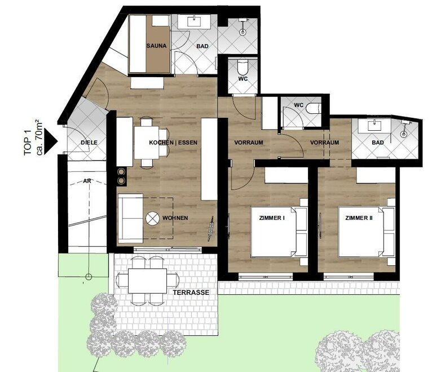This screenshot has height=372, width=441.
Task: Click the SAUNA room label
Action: [156, 46]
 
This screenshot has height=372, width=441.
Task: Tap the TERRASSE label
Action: [191, 293]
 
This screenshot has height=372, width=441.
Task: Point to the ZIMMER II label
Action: [359, 218]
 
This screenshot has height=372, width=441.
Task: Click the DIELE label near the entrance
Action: [89, 143]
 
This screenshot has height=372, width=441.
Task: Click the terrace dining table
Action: [147, 281]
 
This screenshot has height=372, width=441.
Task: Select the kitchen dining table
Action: [147, 143]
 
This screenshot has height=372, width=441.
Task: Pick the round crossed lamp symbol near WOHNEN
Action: [153, 218]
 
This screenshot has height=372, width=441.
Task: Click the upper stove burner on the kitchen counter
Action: [121, 171]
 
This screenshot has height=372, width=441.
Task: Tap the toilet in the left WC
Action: [243, 67]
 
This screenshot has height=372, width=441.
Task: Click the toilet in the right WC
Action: [314, 108]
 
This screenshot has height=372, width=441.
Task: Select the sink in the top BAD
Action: [193, 21]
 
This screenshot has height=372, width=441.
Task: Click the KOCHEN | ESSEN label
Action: [173, 143]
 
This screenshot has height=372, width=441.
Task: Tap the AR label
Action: [87, 181]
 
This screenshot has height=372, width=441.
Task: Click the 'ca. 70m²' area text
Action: [39, 138]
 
